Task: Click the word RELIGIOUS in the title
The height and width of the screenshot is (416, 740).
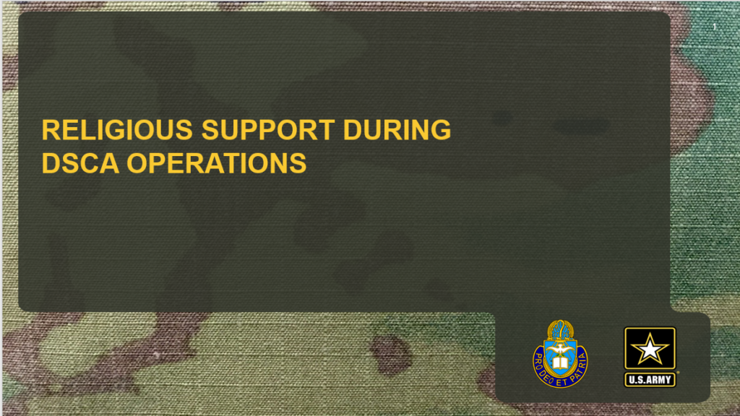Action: tap(117, 130)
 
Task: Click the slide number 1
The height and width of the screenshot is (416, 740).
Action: tap(713, 27)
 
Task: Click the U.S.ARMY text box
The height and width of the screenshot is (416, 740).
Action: tap(650, 378)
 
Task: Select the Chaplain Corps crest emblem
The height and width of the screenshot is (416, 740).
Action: tap(560, 352)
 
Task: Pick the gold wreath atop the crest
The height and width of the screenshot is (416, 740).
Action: tap(560, 327)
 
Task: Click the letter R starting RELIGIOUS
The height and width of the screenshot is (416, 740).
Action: tap(49, 130)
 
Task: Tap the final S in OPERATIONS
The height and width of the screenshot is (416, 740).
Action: tap(299, 163)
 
